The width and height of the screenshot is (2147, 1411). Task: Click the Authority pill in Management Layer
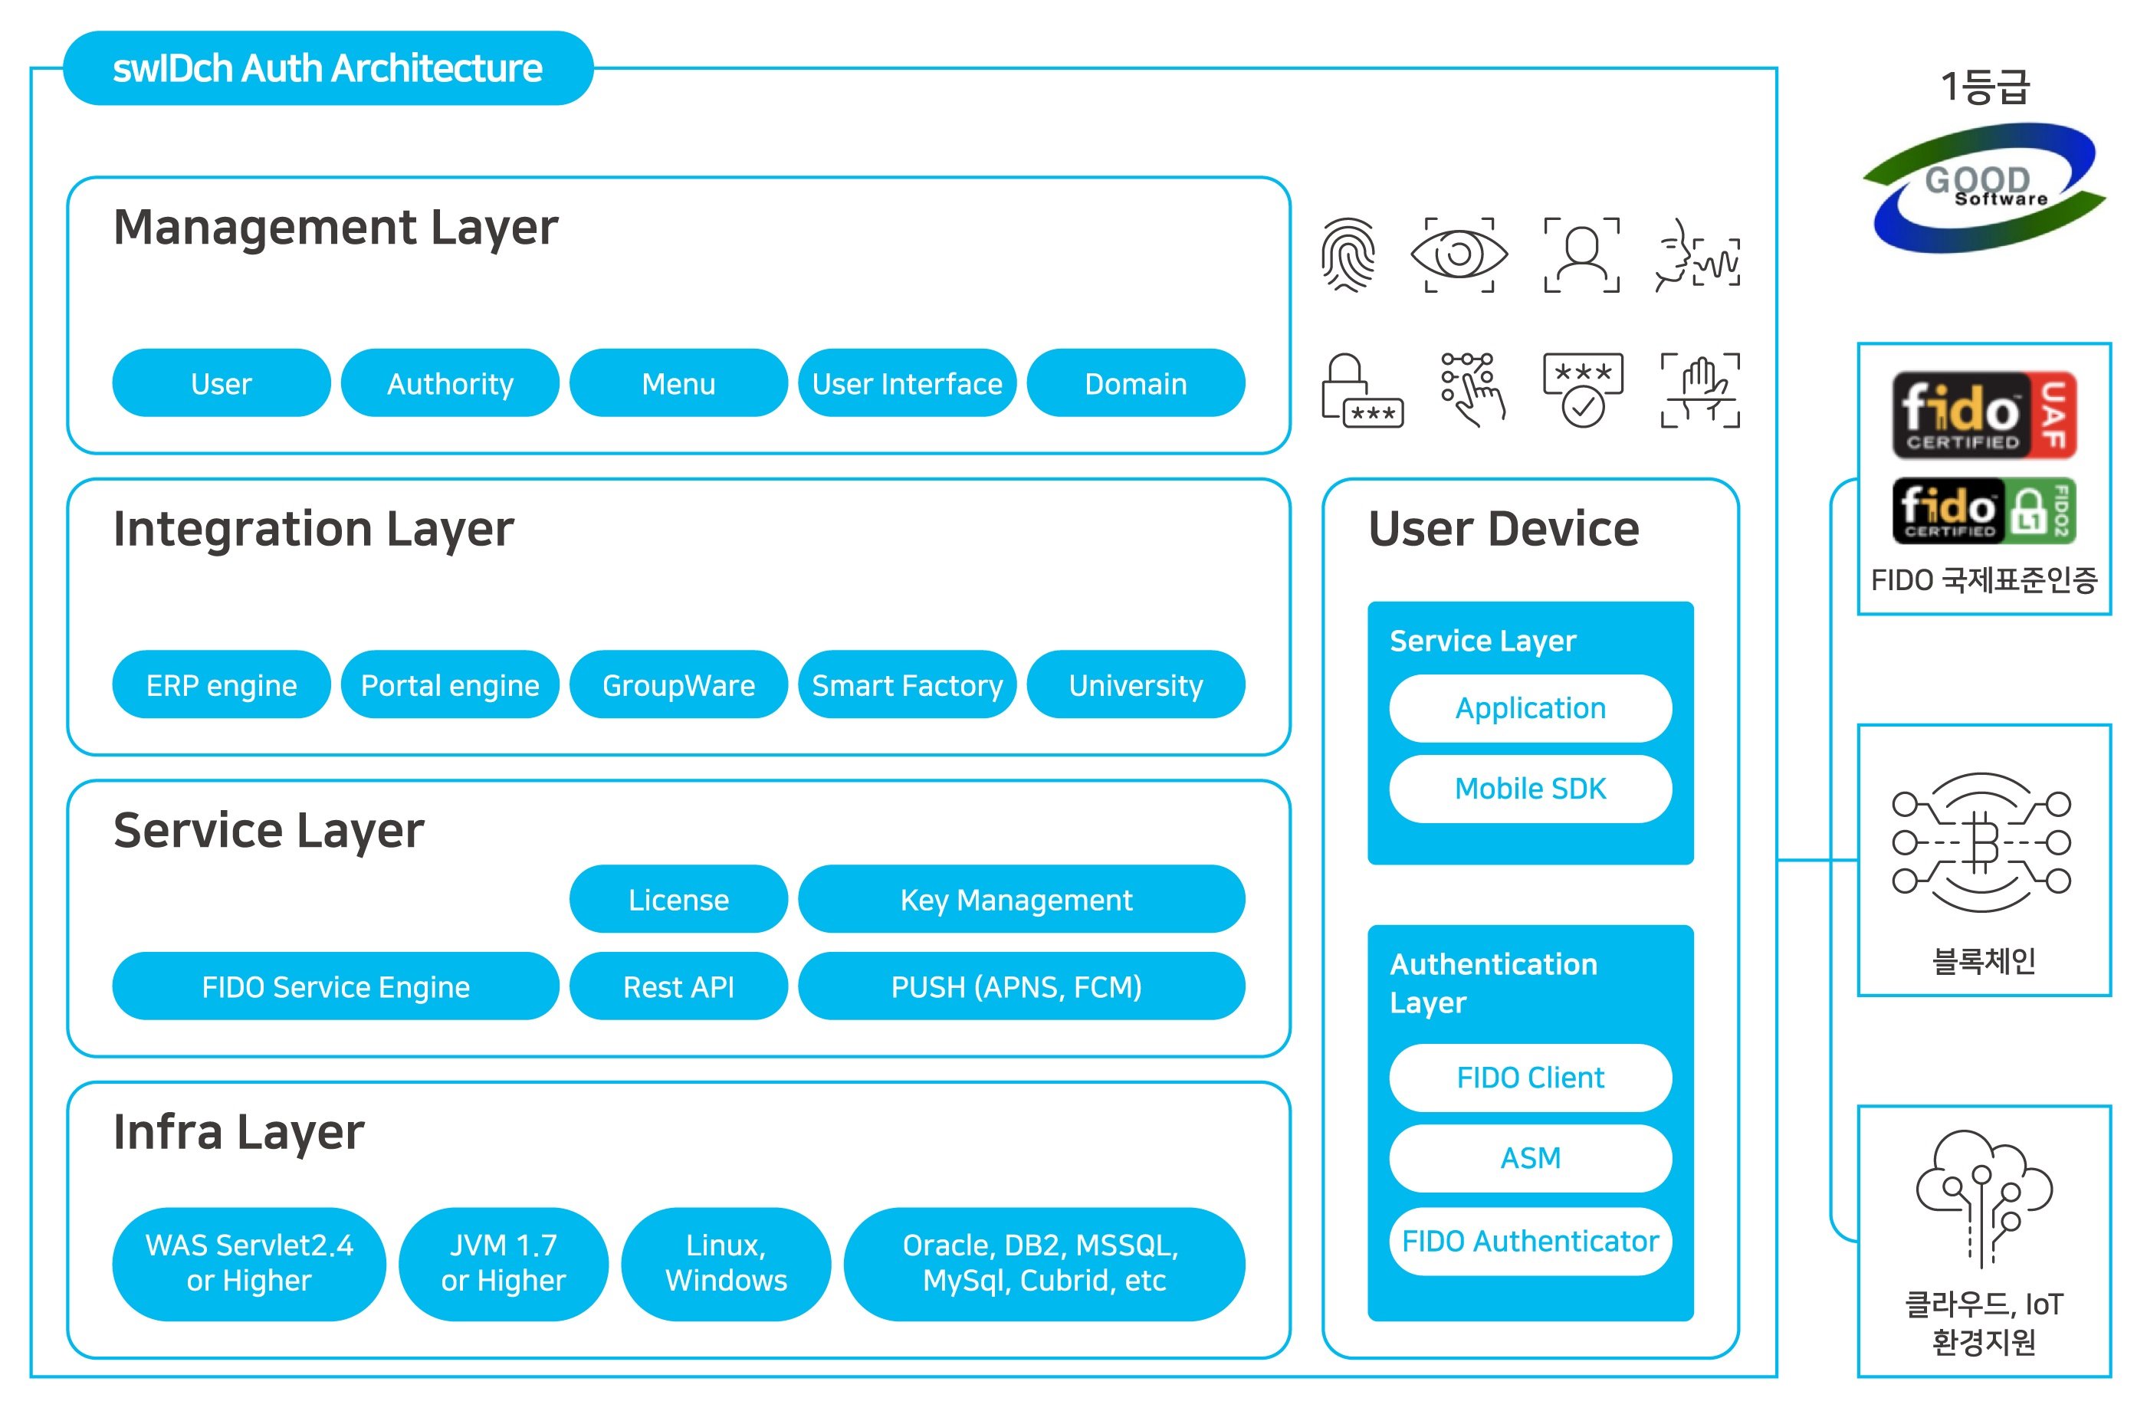point(449,383)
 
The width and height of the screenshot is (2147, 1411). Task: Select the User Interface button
point(907,383)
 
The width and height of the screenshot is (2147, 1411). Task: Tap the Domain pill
point(1135,383)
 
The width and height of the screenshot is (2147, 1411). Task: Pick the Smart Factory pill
point(907,684)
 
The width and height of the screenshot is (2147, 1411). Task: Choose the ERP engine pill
point(221,684)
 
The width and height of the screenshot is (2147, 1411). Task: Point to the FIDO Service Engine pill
point(335,986)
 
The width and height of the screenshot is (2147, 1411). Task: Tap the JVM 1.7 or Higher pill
point(503,1263)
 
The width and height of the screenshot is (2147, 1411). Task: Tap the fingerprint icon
point(1348,255)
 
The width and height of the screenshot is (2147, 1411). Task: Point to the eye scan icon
point(1458,255)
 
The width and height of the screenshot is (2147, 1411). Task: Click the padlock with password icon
point(1361,391)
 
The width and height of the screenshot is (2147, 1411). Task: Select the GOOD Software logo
point(1983,188)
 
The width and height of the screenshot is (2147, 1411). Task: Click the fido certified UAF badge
point(1983,415)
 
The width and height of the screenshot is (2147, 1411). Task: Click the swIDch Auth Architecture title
point(327,68)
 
